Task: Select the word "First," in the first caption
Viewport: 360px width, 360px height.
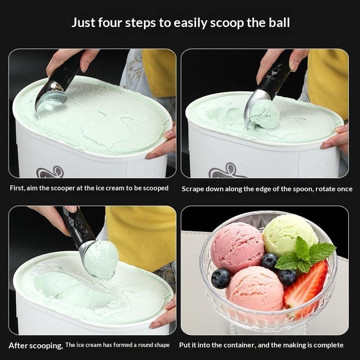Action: tap(18, 188)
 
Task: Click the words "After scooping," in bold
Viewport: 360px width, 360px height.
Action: tap(36, 346)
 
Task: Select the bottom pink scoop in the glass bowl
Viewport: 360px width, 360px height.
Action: tap(255, 289)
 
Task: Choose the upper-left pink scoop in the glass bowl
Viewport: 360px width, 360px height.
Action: tap(238, 247)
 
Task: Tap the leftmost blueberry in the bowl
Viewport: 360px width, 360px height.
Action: tap(221, 279)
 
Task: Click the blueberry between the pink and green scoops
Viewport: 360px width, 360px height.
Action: tap(269, 261)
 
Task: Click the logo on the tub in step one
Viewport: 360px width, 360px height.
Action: tap(50, 172)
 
